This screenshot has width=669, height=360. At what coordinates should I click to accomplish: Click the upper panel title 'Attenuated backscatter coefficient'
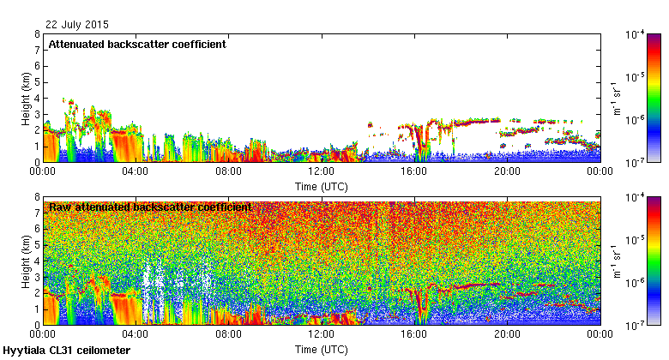coord(136,44)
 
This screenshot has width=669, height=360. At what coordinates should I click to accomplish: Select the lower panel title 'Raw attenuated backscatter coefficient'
coord(149,207)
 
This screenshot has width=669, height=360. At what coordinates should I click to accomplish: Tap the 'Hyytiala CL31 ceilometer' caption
coord(67,351)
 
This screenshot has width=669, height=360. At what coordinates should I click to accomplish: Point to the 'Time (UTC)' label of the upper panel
coord(321,186)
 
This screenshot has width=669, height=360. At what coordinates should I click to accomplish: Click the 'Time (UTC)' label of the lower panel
coord(321,350)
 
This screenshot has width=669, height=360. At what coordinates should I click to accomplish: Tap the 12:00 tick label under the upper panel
coord(321,171)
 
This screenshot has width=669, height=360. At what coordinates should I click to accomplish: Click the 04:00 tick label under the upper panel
coord(136,171)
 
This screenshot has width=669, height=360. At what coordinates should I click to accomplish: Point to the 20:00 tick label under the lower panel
coord(507,335)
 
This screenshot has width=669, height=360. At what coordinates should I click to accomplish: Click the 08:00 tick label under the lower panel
coord(228,335)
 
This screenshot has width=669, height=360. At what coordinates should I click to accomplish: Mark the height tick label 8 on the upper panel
coord(37,35)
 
